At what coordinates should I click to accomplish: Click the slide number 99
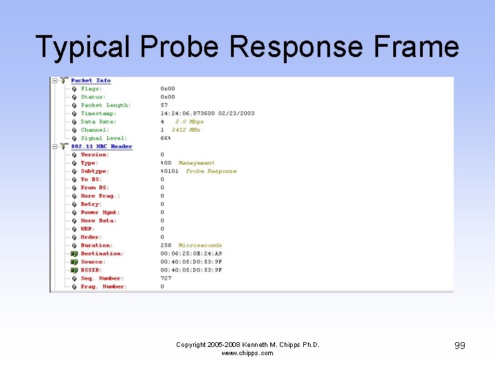pyautogui.click(x=459, y=346)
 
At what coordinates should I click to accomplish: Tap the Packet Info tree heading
pyautogui.click(x=91, y=80)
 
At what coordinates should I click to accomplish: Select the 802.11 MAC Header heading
pyautogui.click(x=102, y=146)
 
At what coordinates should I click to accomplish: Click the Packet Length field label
pyautogui.click(x=105, y=105)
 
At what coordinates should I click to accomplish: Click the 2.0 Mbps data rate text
pyautogui.click(x=189, y=122)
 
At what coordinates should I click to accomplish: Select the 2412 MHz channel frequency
pyautogui.click(x=186, y=130)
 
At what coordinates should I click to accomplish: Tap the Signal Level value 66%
pyautogui.click(x=166, y=138)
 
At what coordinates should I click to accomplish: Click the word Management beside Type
pyautogui.click(x=196, y=163)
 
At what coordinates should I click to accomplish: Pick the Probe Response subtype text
pyautogui.click(x=211, y=171)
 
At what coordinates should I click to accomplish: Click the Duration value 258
pyautogui.click(x=166, y=245)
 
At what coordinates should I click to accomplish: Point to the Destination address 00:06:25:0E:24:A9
pyautogui.click(x=191, y=254)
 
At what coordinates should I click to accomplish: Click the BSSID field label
pyautogui.click(x=91, y=270)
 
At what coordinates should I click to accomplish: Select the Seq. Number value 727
pyautogui.click(x=166, y=278)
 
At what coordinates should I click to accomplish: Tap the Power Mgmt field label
pyautogui.click(x=99, y=212)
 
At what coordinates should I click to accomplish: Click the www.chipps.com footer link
pyautogui.click(x=247, y=353)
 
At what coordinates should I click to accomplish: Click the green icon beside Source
pyautogui.click(x=74, y=262)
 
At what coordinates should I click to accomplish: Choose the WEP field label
pyautogui.click(x=87, y=229)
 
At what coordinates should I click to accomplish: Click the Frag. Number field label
pyautogui.click(x=103, y=286)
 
